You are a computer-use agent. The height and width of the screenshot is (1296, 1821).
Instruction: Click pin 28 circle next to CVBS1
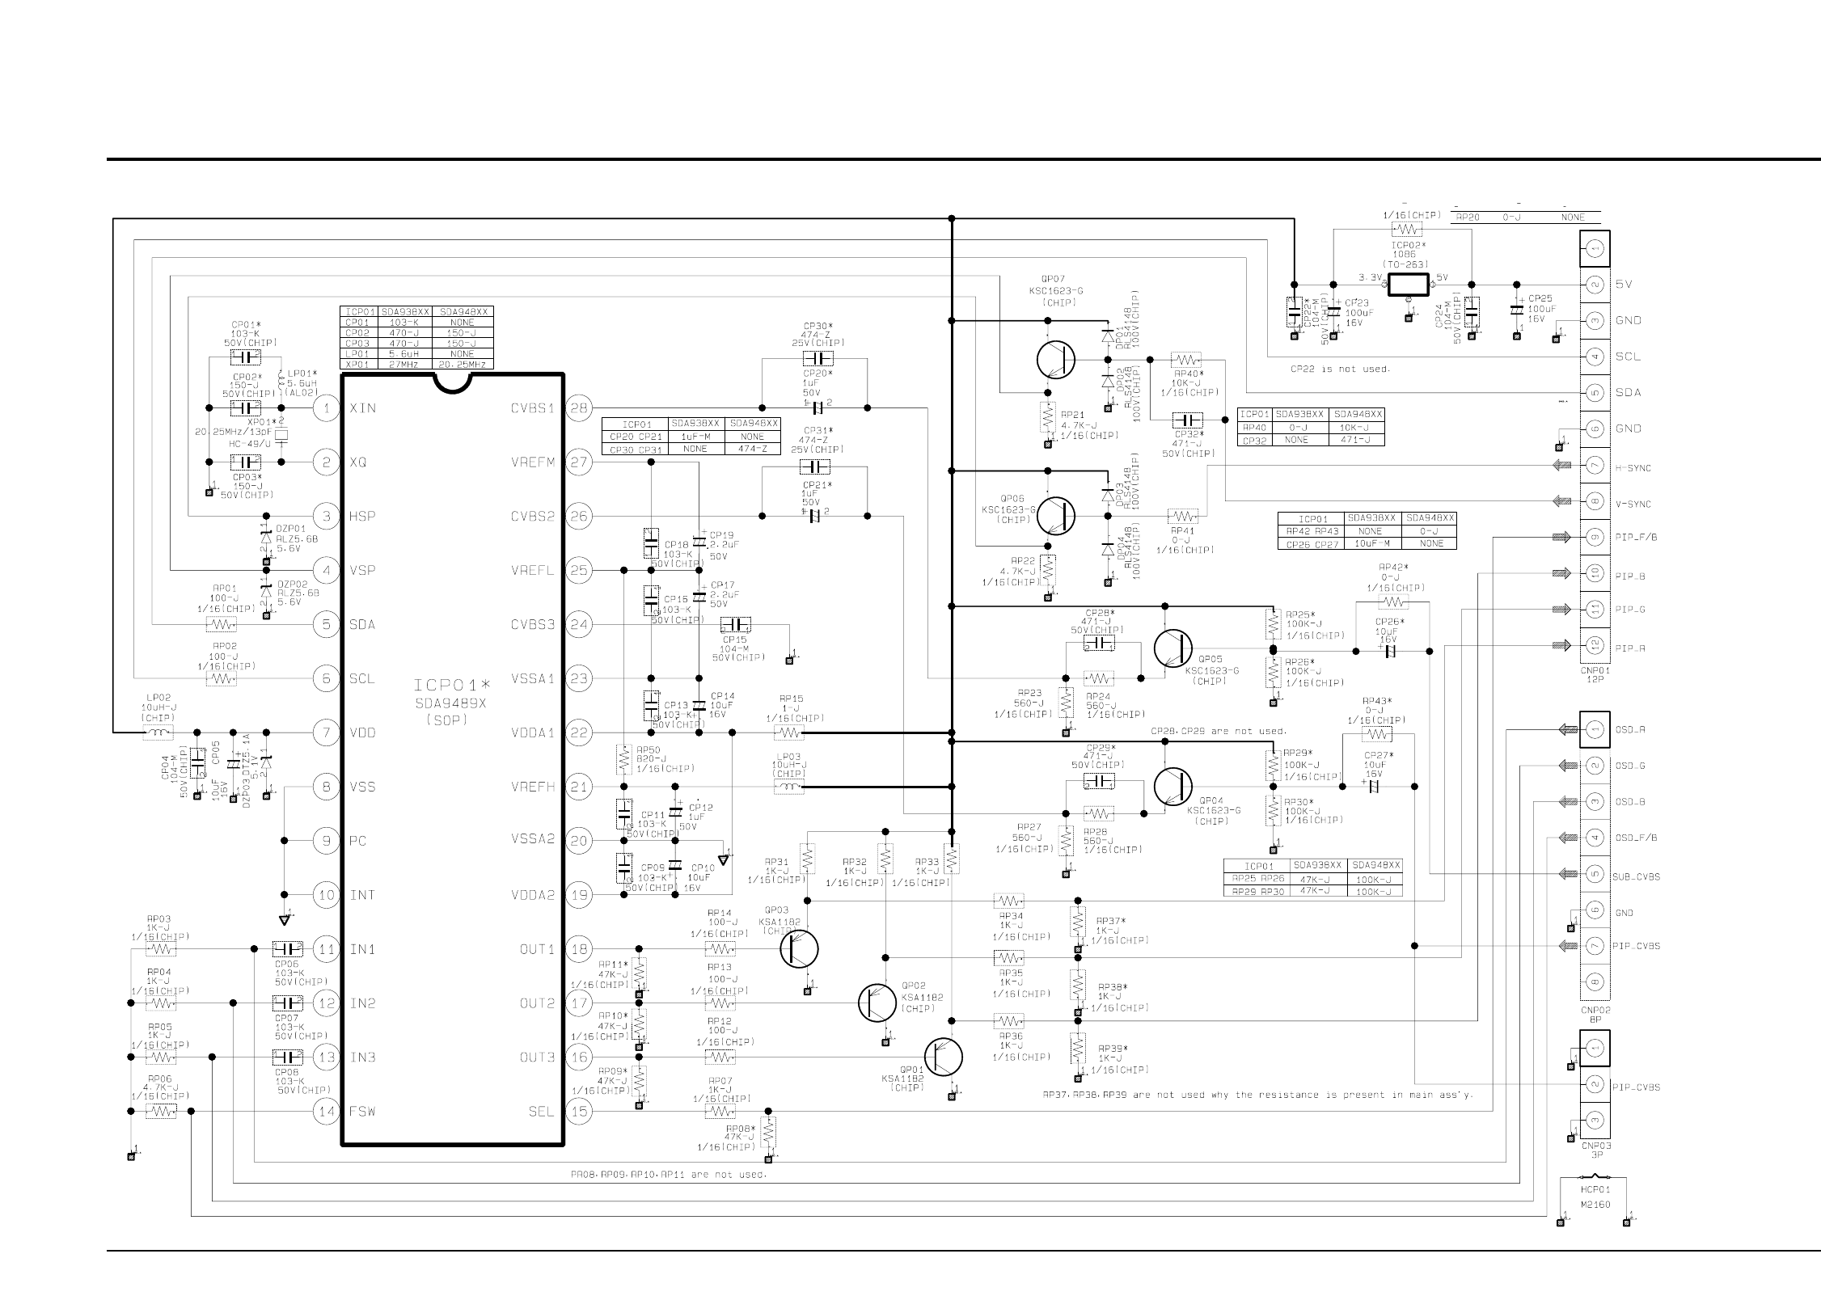tap(578, 408)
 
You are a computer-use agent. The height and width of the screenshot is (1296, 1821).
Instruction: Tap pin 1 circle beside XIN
tap(326, 408)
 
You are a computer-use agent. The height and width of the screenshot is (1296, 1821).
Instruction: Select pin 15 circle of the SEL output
tap(578, 1111)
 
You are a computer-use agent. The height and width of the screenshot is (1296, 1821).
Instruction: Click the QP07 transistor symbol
tap(1055, 359)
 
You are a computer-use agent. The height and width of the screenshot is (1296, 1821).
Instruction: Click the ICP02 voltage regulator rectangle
tap(1409, 285)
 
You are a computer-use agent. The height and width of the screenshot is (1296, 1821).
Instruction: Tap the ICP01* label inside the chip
tap(452, 686)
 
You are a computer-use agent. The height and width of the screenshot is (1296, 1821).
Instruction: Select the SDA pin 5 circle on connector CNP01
tap(1595, 393)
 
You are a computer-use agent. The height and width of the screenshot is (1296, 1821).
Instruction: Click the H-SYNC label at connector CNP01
tap(1633, 468)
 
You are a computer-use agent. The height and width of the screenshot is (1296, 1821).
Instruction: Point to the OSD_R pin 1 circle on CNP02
tap(1595, 730)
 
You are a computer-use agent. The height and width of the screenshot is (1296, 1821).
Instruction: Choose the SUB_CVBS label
tap(1637, 876)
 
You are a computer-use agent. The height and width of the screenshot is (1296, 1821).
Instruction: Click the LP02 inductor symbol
tap(158, 732)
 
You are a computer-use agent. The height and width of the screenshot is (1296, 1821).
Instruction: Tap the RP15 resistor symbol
tap(788, 732)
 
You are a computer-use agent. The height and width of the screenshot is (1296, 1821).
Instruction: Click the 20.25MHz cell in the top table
tap(463, 365)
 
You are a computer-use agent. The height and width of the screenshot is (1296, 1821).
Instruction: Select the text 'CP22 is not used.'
tap(1340, 369)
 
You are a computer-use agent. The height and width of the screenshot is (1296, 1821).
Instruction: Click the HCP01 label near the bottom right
tap(1595, 1189)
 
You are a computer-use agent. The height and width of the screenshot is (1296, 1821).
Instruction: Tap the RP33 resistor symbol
tap(952, 858)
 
